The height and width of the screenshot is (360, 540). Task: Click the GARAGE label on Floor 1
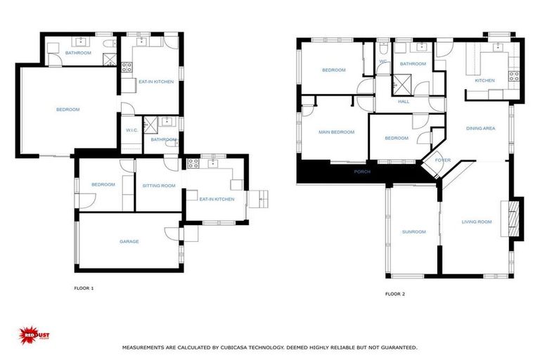click(x=129, y=242)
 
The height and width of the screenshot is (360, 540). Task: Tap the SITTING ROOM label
click(x=158, y=186)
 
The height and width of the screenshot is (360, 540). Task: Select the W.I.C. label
click(x=131, y=130)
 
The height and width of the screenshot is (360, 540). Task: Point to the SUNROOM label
click(x=413, y=231)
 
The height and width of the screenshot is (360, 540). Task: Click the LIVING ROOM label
click(x=476, y=222)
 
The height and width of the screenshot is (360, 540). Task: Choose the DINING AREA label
click(x=481, y=129)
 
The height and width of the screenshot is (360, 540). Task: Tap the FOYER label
click(x=442, y=160)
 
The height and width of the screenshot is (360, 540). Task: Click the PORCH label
click(x=362, y=172)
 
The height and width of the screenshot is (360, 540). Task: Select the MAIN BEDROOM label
click(x=336, y=132)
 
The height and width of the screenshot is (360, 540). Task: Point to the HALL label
click(x=404, y=102)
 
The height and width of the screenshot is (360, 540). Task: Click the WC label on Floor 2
click(x=383, y=61)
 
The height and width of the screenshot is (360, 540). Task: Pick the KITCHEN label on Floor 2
click(x=484, y=81)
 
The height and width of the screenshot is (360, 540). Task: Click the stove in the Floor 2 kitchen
click(x=514, y=75)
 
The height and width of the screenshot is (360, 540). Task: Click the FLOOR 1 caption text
click(x=84, y=288)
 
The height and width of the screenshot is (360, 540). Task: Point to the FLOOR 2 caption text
click(x=395, y=294)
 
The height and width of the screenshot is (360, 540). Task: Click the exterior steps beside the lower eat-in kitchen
click(x=259, y=198)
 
